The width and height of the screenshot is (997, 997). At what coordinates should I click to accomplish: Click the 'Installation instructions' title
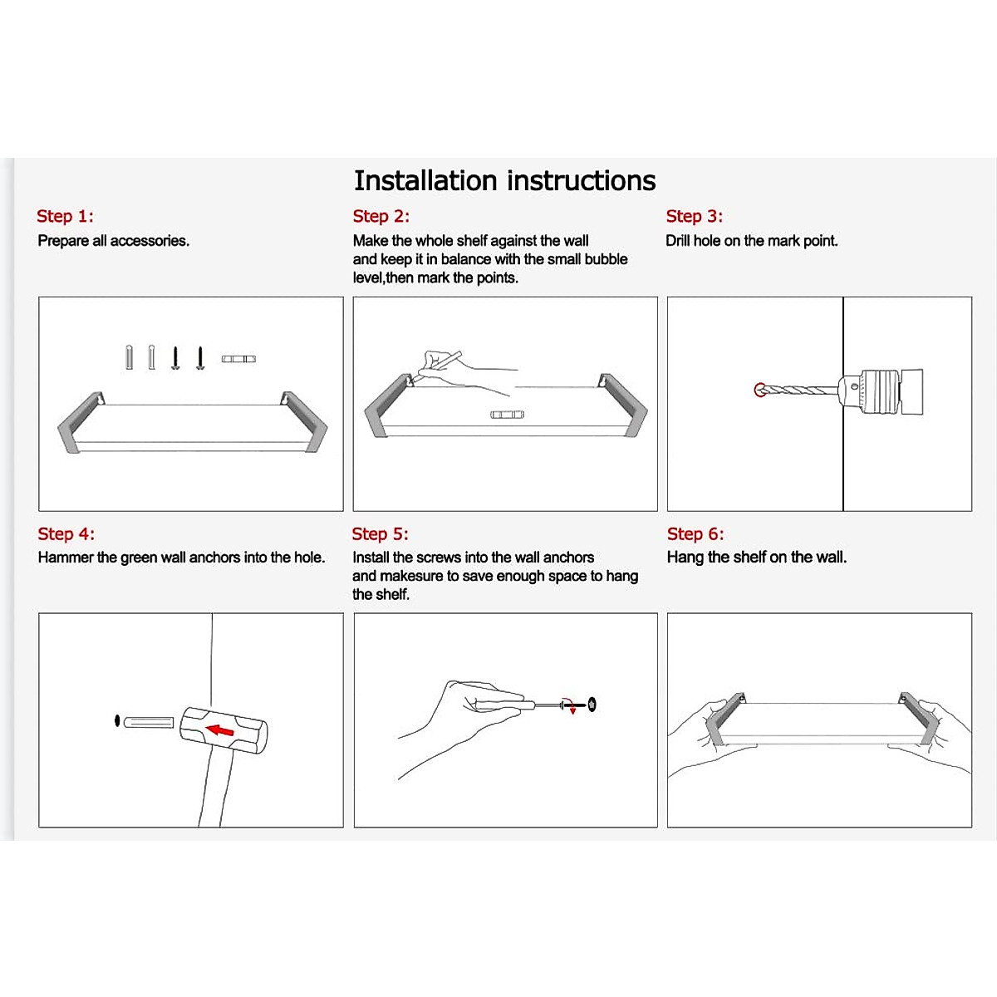(504, 181)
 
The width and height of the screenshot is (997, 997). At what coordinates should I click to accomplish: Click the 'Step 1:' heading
(65, 217)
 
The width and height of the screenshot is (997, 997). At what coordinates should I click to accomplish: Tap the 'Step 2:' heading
(381, 217)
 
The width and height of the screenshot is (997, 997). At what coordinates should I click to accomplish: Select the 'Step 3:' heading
(694, 217)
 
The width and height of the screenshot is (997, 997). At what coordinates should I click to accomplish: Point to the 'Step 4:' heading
(66, 534)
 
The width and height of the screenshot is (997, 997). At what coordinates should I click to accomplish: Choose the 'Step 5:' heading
(380, 534)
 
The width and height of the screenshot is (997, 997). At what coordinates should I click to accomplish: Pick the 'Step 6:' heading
(695, 534)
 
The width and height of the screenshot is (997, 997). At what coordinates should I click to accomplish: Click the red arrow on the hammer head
(219, 730)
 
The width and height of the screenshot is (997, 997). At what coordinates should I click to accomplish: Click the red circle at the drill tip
(759, 390)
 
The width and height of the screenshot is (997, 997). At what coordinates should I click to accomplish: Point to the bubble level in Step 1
(238, 359)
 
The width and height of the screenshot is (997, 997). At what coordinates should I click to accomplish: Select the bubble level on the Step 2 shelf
(506, 414)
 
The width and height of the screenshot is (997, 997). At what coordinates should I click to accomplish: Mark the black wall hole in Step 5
(592, 705)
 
